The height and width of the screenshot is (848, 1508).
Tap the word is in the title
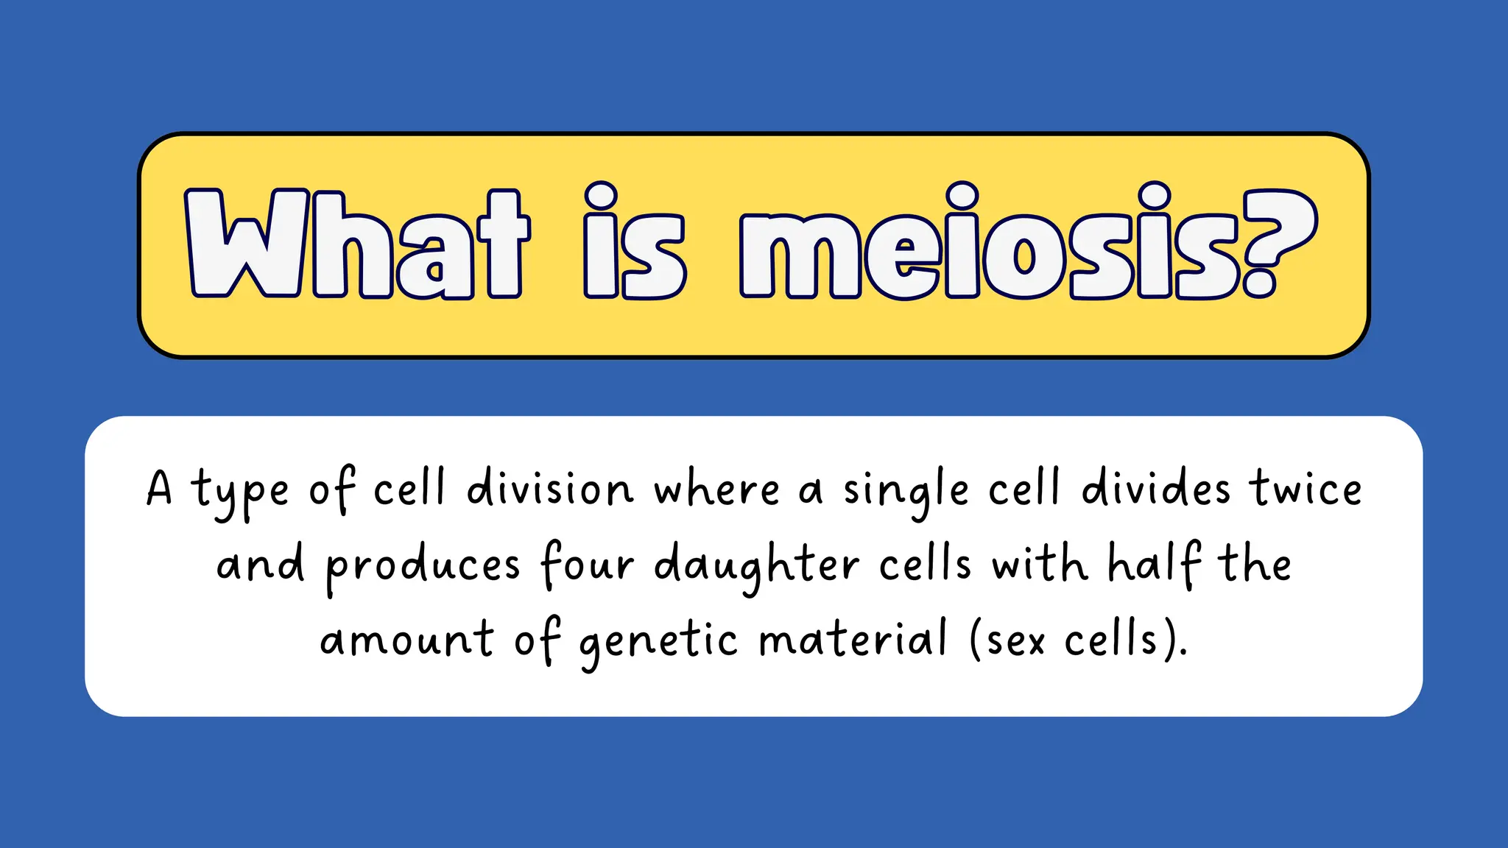point(634,243)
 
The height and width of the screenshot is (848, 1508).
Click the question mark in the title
point(1277,243)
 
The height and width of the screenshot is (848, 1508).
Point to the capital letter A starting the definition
point(159,489)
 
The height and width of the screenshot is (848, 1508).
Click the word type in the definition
point(240,492)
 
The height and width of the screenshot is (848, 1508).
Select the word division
point(549,489)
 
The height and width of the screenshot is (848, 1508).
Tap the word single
point(906,492)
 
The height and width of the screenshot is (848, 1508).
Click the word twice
point(1306,489)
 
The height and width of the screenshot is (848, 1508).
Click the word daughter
point(756,565)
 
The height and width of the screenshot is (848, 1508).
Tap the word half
point(1155,564)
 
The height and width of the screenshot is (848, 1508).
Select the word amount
point(406,639)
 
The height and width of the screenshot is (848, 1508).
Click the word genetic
point(658,640)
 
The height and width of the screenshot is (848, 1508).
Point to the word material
point(853,639)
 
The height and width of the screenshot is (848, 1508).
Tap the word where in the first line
point(716,490)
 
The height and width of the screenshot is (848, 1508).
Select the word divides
point(1155,489)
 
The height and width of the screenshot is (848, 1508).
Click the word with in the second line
point(1039,564)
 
